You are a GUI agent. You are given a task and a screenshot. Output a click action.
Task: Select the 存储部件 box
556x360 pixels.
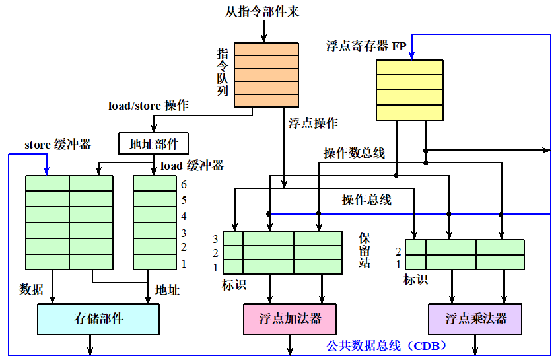98,319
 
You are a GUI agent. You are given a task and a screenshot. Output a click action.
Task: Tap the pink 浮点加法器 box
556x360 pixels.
290,319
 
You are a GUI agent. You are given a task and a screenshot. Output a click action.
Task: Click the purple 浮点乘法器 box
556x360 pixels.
475,319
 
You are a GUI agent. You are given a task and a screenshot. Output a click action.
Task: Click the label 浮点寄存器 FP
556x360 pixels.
366,46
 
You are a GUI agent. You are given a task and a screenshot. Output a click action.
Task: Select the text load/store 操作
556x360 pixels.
149,106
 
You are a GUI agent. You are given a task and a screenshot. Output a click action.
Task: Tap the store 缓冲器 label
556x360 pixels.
57,144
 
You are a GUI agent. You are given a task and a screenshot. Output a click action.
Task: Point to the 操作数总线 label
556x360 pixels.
354,153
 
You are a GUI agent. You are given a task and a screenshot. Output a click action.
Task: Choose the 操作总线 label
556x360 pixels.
366,199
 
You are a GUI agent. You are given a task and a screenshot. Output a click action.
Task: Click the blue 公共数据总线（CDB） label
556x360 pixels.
387,345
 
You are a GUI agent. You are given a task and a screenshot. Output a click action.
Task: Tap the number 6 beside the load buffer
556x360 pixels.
184,185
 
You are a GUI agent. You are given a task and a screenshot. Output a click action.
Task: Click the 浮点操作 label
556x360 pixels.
313,123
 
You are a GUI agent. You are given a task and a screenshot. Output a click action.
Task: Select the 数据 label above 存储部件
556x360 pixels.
32,289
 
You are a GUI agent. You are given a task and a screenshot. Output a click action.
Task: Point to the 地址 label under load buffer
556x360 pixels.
167,289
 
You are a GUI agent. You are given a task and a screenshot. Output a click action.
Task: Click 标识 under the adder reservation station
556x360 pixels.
234,285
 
